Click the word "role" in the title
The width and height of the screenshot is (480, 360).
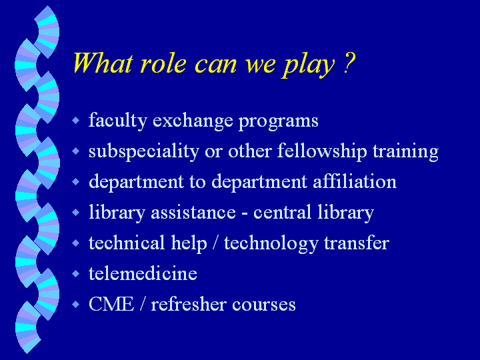(163, 63)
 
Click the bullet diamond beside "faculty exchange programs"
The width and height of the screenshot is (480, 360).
(75, 120)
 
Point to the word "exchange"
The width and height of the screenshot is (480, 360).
(193, 121)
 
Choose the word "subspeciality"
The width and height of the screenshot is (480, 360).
(144, 151)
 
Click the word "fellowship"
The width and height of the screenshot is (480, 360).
(322, 151)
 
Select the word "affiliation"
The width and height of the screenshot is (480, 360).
(355, 181)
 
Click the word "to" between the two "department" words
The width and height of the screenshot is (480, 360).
(197, 182)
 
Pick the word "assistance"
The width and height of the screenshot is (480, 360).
(193, 213)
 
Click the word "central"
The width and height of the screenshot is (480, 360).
(282, 212)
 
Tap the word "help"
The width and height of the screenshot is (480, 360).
(189, 244)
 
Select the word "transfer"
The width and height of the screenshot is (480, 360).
(357, 243)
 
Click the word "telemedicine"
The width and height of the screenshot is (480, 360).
(143, 273)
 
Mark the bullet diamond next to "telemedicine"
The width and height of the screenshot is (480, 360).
(75, 273)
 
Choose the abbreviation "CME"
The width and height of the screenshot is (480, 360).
(111, 304)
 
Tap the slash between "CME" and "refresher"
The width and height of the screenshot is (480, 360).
(143, 304)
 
